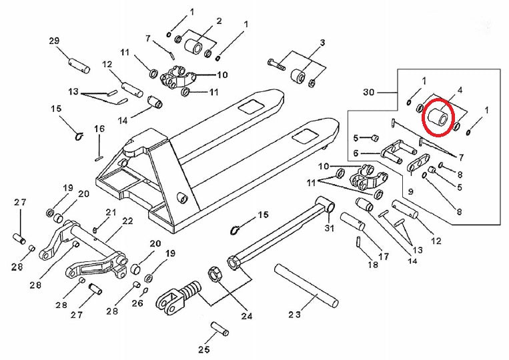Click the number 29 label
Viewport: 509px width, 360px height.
coord(55,41)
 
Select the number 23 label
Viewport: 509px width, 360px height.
coord(295,313)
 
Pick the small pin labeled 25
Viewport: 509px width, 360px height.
coord(219,329)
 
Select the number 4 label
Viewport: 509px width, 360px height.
coord(459,89)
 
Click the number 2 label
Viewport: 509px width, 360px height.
coord(218,21)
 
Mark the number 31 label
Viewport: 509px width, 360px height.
coord(328,229)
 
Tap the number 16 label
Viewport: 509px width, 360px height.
coord(99,129)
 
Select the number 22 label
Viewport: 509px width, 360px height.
coord(127,221)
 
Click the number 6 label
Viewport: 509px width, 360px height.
coord(357,153)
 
